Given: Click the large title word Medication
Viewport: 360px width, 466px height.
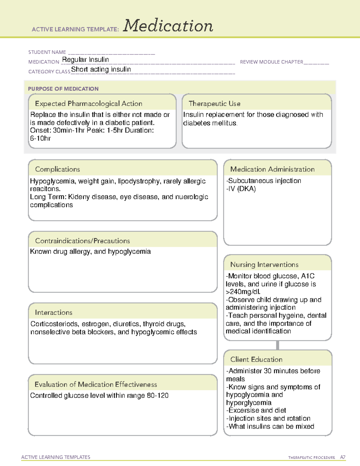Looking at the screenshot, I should (168, 26).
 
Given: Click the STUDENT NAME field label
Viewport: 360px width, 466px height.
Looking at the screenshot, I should (47, 52).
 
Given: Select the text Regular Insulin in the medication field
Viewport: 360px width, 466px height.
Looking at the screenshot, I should (85, 60).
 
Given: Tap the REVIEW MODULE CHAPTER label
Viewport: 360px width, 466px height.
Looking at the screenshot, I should (271, 62).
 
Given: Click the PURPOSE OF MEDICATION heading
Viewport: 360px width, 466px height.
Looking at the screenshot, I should (63, 89).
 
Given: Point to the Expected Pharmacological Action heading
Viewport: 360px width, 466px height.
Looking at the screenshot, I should (88, 104).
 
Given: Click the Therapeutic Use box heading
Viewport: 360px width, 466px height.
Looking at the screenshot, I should (214, 104).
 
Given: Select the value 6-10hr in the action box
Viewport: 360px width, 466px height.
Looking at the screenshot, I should (40, 138).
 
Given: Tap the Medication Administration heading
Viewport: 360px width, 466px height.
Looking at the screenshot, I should (272, 169).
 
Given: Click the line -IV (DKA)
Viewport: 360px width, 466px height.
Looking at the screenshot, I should (241, 189).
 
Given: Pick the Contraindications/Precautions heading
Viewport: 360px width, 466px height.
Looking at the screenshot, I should (82, 241).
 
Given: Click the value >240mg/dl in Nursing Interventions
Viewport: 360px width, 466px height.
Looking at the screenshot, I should (243, 292).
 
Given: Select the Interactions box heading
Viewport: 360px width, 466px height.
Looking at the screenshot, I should (54, 312).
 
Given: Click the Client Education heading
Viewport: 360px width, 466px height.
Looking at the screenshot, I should (256, 359).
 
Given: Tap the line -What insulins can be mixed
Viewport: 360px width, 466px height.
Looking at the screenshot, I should (270, 426).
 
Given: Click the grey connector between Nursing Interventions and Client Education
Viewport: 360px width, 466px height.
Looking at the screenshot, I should (277, 345).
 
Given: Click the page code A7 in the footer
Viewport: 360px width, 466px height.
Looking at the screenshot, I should (342, 457).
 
